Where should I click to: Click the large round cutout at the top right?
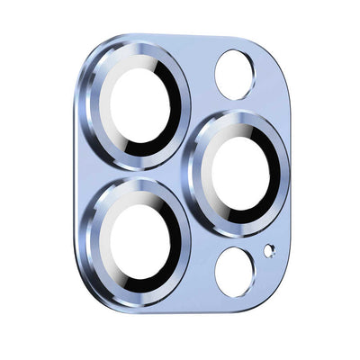[235, 74]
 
